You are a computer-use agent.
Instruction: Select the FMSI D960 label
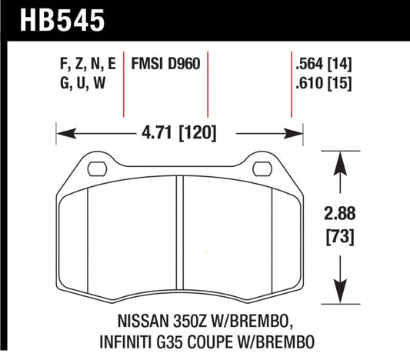tap(167, 65)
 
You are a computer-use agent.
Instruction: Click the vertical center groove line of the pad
tap(179, 231)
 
